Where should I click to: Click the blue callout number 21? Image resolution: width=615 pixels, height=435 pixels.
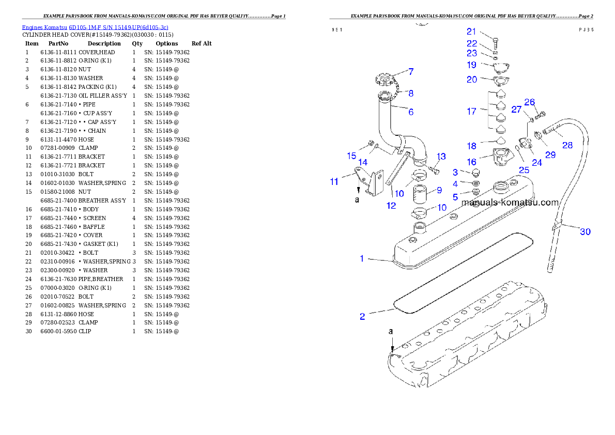tap(471, 32)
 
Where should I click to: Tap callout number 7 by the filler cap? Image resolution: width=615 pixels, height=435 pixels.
tap(411, 71)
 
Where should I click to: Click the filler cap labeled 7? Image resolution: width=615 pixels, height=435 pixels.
tap(387, 82)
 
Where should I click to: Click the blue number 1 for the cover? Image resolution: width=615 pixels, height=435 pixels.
tap(362, 258)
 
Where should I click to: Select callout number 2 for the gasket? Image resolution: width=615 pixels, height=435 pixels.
tap(362, 316)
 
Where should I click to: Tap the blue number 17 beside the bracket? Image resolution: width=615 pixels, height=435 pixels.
tap(471, 111)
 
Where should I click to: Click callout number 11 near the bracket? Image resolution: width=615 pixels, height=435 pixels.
tap(334, 181)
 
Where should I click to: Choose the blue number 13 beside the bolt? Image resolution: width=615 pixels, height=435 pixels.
tap(441, 157)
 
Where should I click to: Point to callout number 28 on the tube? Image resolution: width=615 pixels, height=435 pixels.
tap(567, 145)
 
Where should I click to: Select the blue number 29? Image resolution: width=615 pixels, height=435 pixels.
tap(550, 154)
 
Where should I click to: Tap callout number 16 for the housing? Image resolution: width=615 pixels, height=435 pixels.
tap(471, 162)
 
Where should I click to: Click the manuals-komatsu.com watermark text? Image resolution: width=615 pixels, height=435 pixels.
tap(510, 203)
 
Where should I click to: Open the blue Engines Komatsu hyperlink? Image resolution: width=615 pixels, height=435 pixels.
tap(95, 27)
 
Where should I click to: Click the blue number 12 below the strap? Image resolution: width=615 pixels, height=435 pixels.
tap(391, 206)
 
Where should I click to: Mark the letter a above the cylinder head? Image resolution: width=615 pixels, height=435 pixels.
tap(391, 331)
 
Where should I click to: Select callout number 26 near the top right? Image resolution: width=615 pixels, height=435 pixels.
tap(530, 102)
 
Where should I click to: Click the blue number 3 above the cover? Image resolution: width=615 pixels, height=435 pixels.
tap(455, 172)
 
